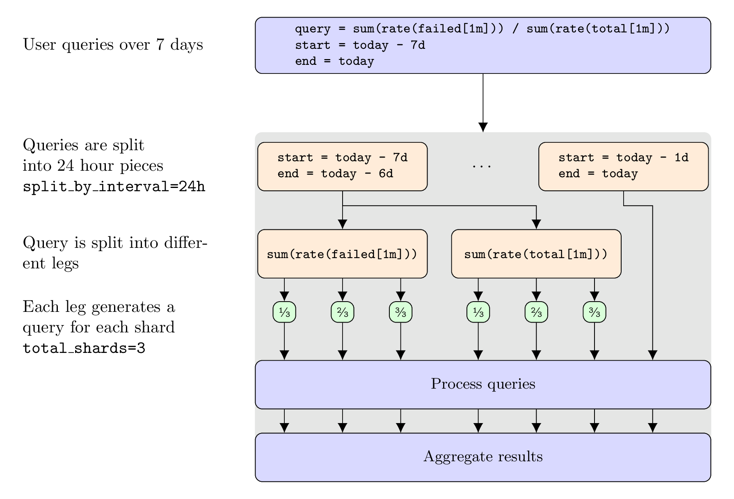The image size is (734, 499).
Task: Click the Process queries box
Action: coord(483,385)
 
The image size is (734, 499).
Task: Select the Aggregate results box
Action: coord(483,457)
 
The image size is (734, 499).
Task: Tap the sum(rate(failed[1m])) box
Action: coord(342,254)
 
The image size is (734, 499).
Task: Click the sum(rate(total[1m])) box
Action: coord(536,254)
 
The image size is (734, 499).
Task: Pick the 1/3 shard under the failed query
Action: coord(284,313)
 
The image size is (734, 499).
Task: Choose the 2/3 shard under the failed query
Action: coord(343,313)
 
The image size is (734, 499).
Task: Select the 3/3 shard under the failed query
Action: coord(401,313)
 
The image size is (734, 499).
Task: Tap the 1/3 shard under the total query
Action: coord(478,313)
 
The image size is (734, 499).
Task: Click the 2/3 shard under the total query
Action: coord(536,313)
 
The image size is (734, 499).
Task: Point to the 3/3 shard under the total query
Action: coord(595,313)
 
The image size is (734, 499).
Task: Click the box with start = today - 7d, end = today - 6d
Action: coord(342,166)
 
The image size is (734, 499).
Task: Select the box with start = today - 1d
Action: coord(623,166)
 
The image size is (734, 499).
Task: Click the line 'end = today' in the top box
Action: coord(334,62)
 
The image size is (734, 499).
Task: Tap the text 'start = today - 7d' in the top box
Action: coord(360,45)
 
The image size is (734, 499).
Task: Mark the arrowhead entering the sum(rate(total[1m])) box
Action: coord(536,224)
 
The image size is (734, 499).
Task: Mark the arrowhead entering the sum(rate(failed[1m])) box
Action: coord(343,224)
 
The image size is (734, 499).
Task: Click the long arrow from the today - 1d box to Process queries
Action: coord(653,283)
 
